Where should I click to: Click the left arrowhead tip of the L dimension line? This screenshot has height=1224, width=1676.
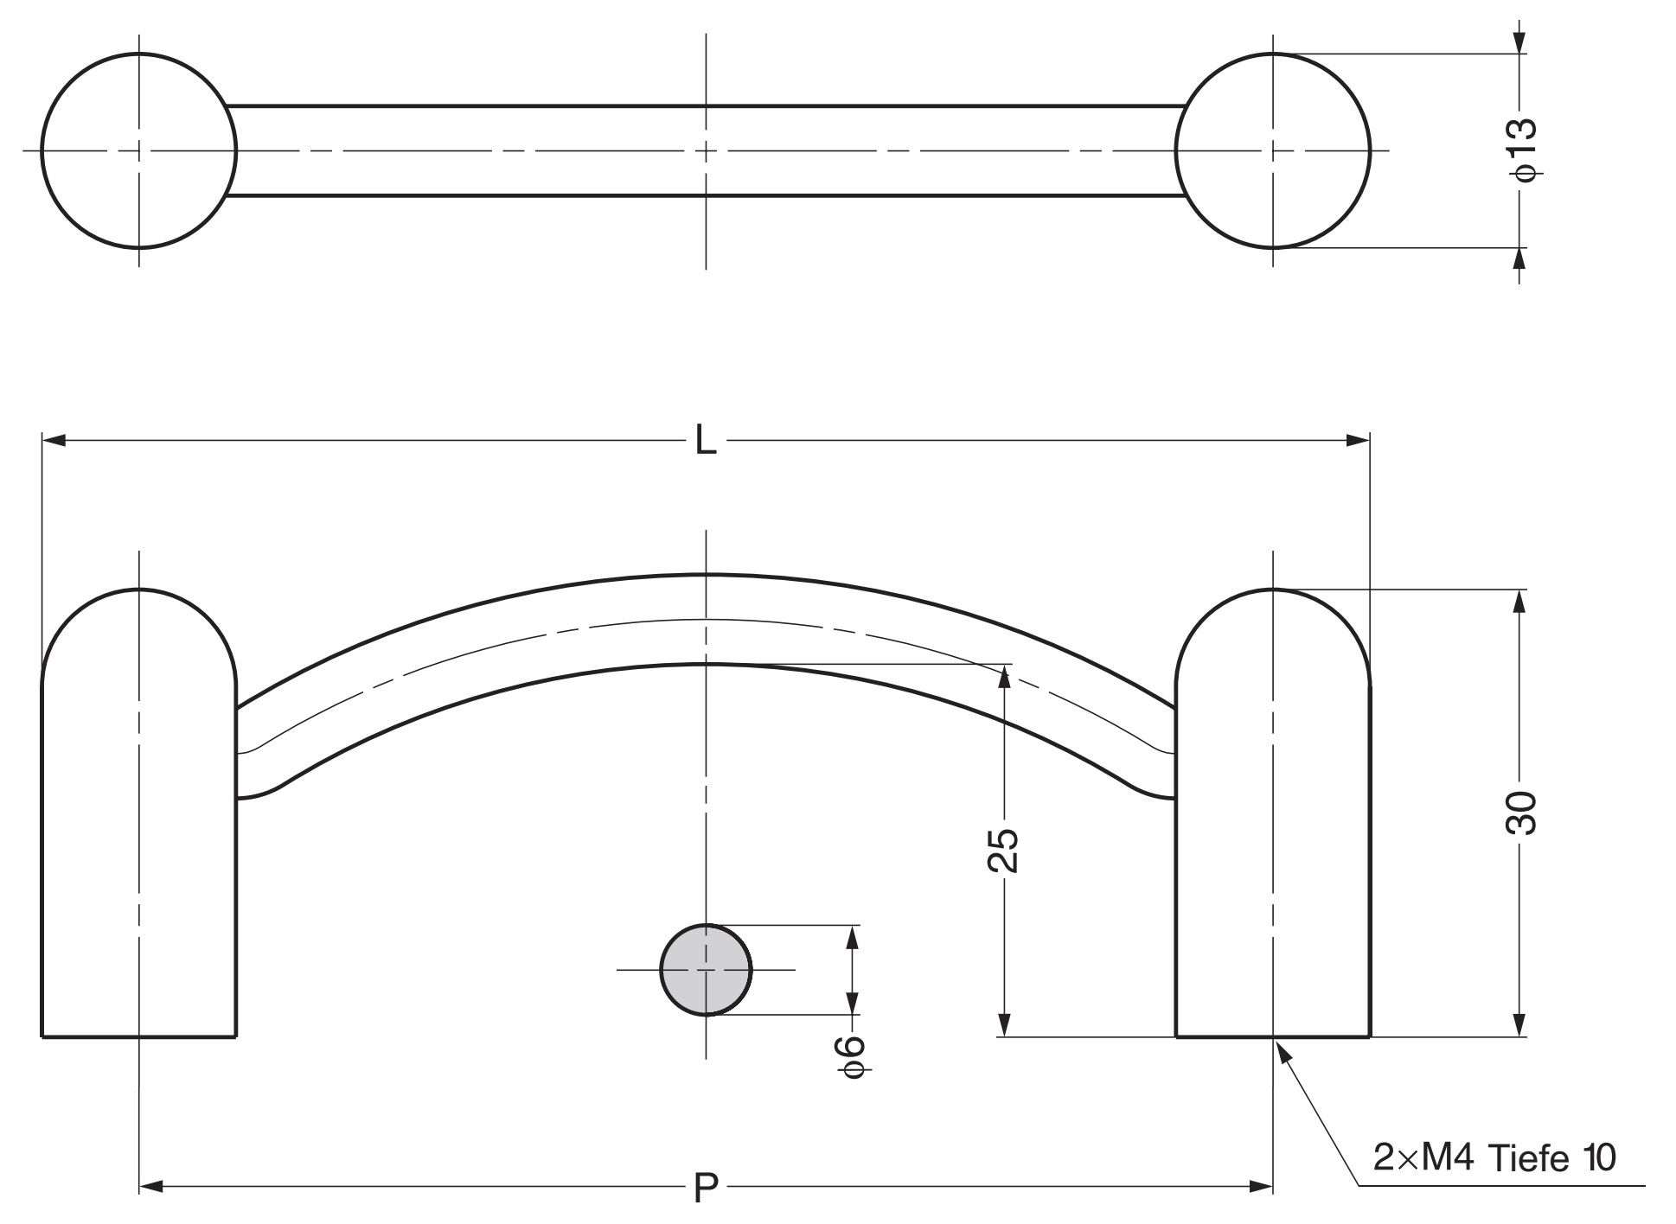point(42,441)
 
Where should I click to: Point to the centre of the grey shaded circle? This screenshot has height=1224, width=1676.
point(706,970)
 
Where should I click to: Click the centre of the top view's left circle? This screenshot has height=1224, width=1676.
point(139,150)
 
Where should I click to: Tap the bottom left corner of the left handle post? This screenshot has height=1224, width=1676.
point(42,1036)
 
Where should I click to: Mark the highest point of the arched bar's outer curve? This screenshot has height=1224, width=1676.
point(706,574)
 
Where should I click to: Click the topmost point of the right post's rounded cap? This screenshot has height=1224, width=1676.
point(1273,590)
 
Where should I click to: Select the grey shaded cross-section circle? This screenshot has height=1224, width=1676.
point(706,970)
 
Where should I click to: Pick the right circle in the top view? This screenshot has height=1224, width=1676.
point(1273,150)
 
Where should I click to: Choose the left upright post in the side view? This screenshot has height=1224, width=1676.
point(139,813)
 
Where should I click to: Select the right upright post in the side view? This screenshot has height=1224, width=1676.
point(1273,813)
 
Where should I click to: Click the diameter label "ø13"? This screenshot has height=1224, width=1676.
point(1522,150)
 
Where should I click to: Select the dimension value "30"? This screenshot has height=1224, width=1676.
point(1521,813)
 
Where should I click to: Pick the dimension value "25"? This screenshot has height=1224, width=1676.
point(1003,851)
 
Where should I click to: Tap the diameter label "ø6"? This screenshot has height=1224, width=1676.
point(852,1057)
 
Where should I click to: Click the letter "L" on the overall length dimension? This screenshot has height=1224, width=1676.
point(707,442)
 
